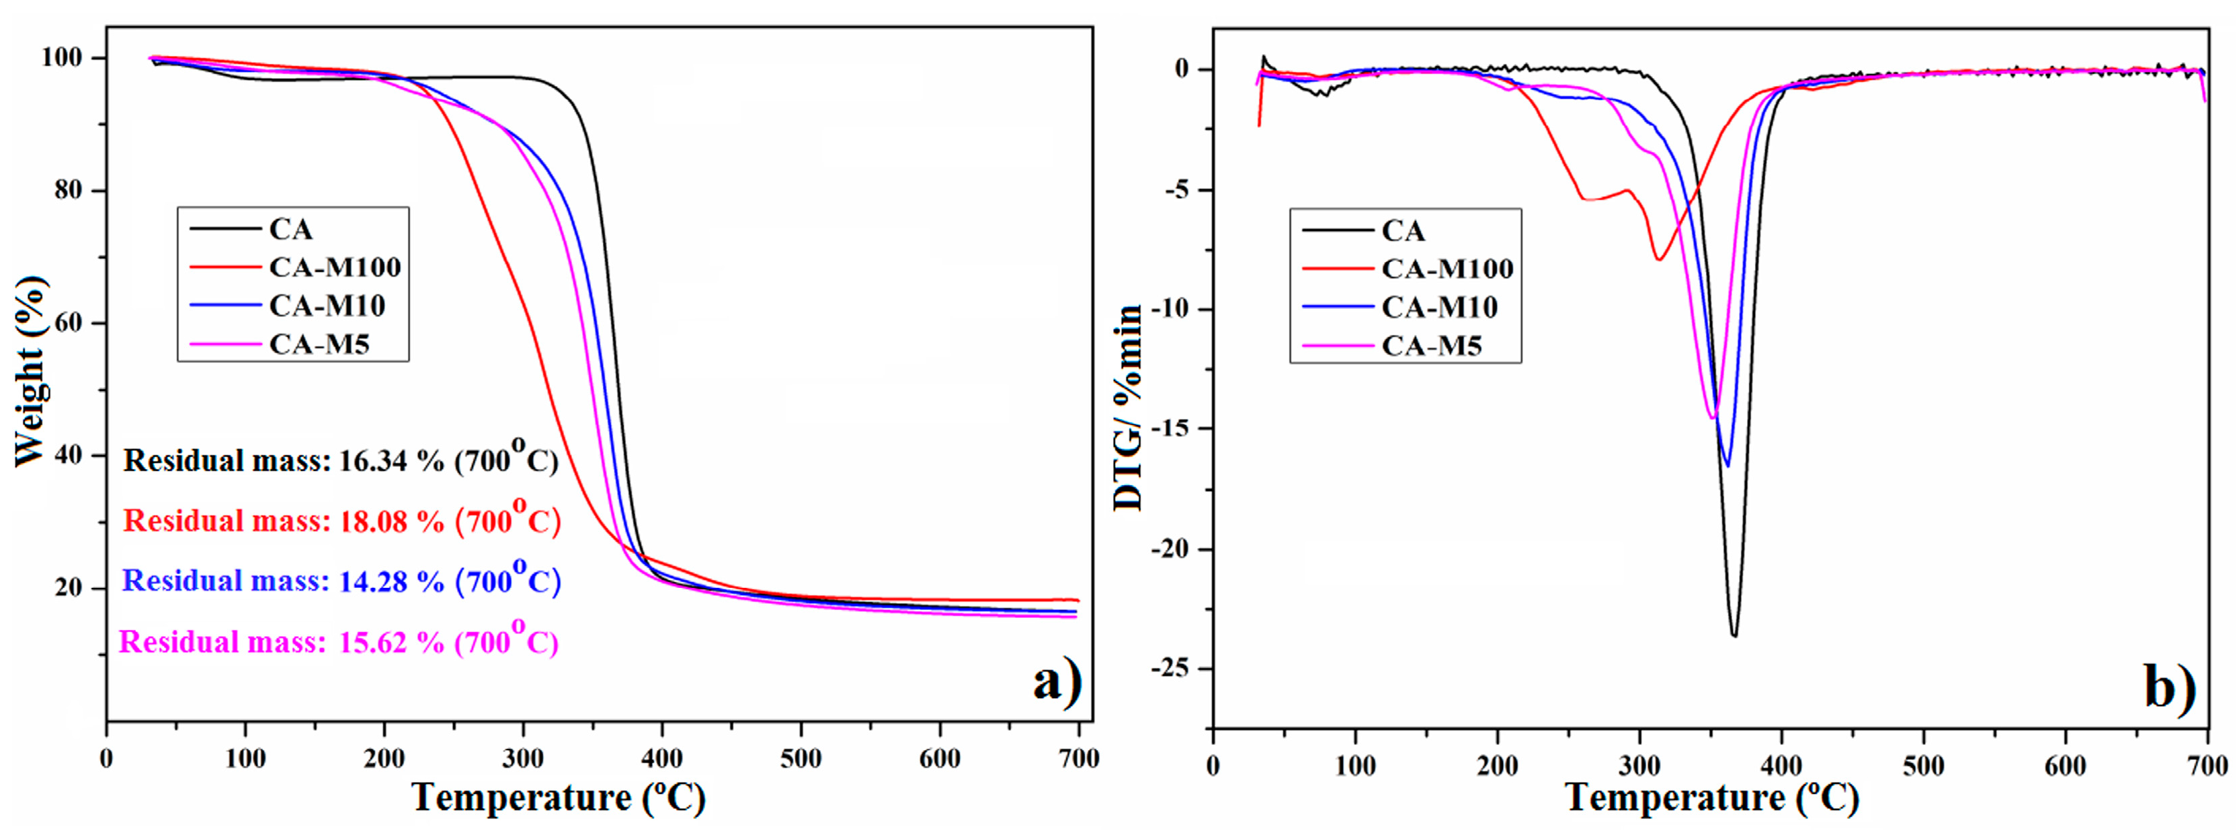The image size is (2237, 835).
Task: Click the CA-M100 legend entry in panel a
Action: click(334, 267)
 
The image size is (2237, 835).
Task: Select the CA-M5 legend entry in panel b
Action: click(1431, 347)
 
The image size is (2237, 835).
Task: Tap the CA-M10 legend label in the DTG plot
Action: click(1439, 307)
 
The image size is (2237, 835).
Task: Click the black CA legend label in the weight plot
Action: click(290, 229)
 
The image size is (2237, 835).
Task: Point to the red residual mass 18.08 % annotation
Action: click(341, 520)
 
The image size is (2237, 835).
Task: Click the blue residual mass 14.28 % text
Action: click(341, 580)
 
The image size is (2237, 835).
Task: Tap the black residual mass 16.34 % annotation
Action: click(340, 459)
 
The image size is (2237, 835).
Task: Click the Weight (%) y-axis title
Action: click(30, 371)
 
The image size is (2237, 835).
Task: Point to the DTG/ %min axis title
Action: click(1128, 408)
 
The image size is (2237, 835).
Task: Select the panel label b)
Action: click(2169, 687)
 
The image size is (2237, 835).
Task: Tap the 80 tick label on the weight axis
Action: click(68, 190)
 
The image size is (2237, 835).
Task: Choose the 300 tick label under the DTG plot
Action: click(1639, 766)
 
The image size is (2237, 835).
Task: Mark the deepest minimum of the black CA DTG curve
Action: click(1734, 636)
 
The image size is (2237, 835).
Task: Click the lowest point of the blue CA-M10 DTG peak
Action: click(1726, 466)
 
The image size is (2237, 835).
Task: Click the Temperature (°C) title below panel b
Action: click(1711, 797)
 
